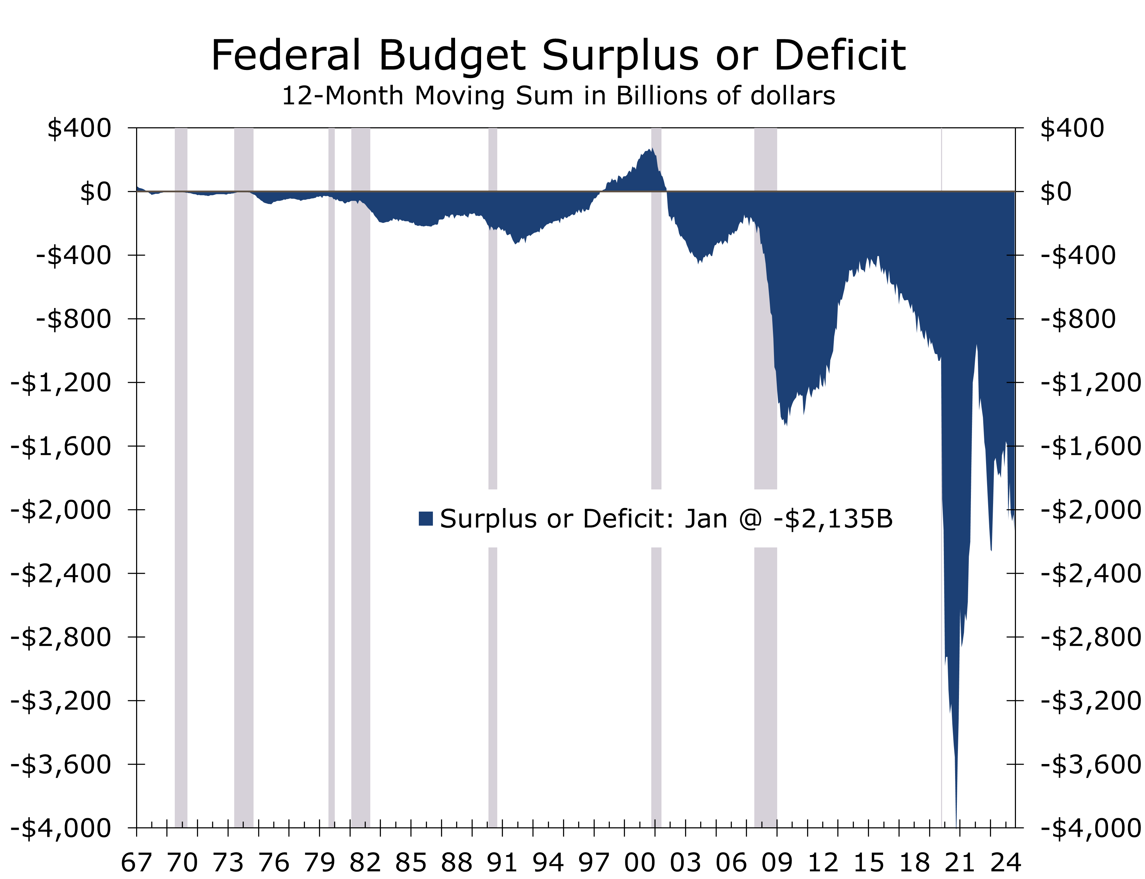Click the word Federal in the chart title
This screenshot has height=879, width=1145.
[x=285, y=56]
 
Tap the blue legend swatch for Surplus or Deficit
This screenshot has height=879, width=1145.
[x=426, y=519]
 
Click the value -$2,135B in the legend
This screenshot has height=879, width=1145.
[x=832, y=519]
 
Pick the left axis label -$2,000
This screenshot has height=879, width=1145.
[x=61, y=509]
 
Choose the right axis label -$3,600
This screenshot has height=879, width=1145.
[x=1090, y=764]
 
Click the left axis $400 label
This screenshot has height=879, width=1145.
[x=79, y=128]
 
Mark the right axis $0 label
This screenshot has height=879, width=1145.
[x=1056, y=192]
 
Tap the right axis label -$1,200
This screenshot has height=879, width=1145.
[x=1090, y=383]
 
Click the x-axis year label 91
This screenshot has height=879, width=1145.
[x=502, y=861]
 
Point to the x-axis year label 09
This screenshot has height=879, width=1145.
[x=776, y=861]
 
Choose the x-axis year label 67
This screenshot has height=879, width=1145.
[x=136, y=861]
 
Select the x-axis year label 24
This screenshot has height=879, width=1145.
[x=1005, y=861]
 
